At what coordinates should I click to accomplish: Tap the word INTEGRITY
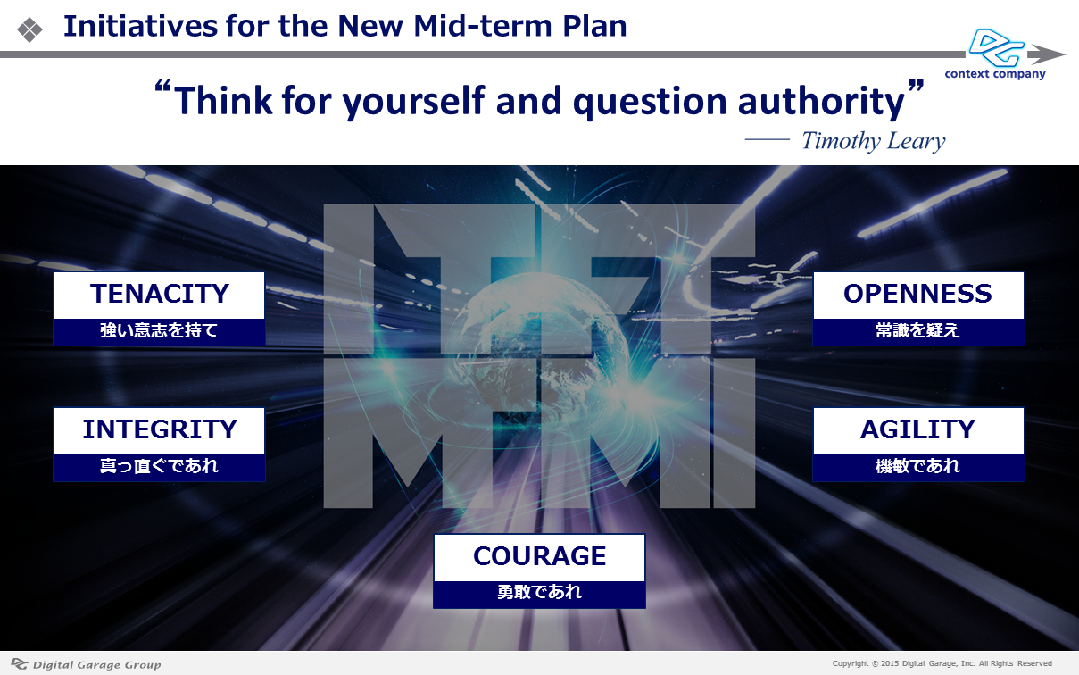pos(160,429)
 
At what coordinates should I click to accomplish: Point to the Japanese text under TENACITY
pos(159,330)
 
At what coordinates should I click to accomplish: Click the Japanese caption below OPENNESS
pos(917,330)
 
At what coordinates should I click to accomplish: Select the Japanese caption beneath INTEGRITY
pos(159,466)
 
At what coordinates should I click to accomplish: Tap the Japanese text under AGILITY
pos(917,466)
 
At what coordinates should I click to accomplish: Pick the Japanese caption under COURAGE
pos(539,592)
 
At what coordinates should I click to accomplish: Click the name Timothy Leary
pos(874,142)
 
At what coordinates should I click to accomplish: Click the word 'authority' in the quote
pos(821,101)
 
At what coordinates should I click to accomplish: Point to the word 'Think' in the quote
pos(223,100)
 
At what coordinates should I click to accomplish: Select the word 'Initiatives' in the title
pos(140,26)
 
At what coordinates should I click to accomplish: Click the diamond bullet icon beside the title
pos(29,29)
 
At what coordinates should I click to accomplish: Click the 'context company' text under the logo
pos(995,74)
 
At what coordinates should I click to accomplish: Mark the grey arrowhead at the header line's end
pos(1046,54)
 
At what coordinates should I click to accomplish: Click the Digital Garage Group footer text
pos(96,665)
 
